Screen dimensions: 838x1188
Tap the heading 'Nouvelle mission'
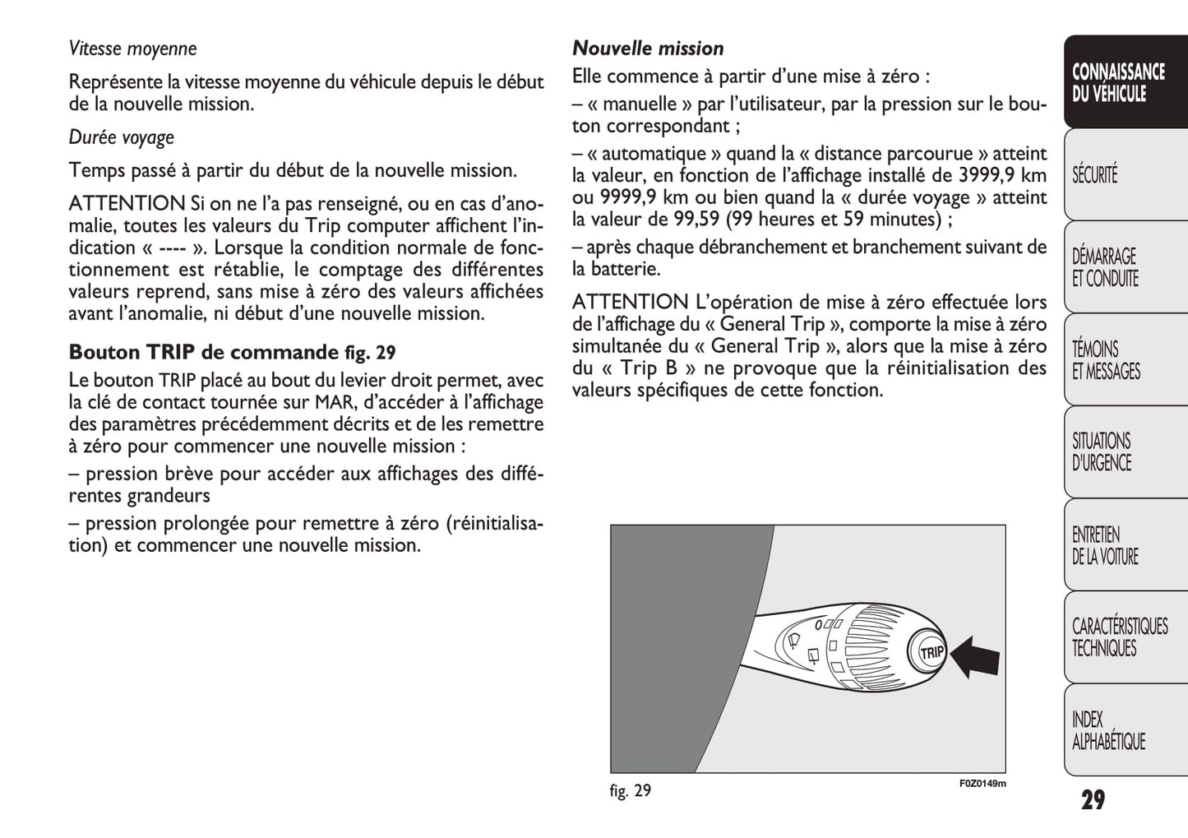648,49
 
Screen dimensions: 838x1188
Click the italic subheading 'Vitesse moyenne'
132,49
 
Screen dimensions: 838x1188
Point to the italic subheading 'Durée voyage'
122,137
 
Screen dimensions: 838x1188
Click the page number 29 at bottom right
1093,800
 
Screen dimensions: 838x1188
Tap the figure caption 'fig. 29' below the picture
631,791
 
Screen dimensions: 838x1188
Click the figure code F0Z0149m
982,784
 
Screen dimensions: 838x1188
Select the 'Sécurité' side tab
1095,175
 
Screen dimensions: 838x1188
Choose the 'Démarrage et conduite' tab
1106,268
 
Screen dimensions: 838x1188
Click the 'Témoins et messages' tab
1106,360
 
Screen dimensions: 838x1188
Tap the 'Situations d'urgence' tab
1102,452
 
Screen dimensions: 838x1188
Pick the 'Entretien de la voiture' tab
1105,546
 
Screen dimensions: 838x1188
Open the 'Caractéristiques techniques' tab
1119,637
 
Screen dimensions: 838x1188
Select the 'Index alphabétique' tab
1108,730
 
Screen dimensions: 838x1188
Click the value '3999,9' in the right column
985,176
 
